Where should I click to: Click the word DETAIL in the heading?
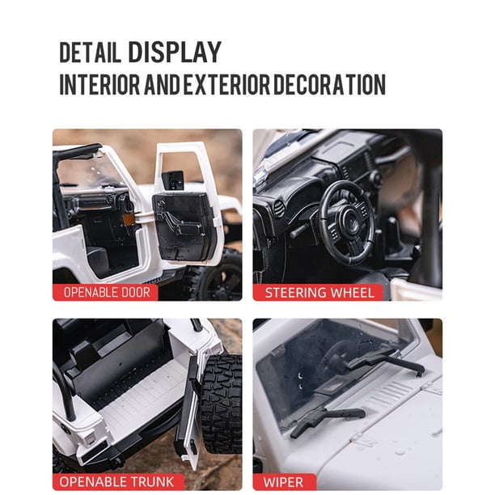point(91,52)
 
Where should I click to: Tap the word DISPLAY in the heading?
point(175,52)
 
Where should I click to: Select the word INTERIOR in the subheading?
point(99,84)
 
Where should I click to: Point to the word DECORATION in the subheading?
point(329,84)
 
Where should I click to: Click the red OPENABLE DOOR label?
point(105,292)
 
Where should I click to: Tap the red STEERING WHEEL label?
point(318,293)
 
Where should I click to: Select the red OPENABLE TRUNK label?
point(118,482)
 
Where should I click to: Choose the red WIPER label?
point(284,482)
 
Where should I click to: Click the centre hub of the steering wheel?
point(349,218)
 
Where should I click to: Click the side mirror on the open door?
point(173,181)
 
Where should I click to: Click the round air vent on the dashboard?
point(278,209)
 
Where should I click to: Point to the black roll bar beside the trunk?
point(66,391)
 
